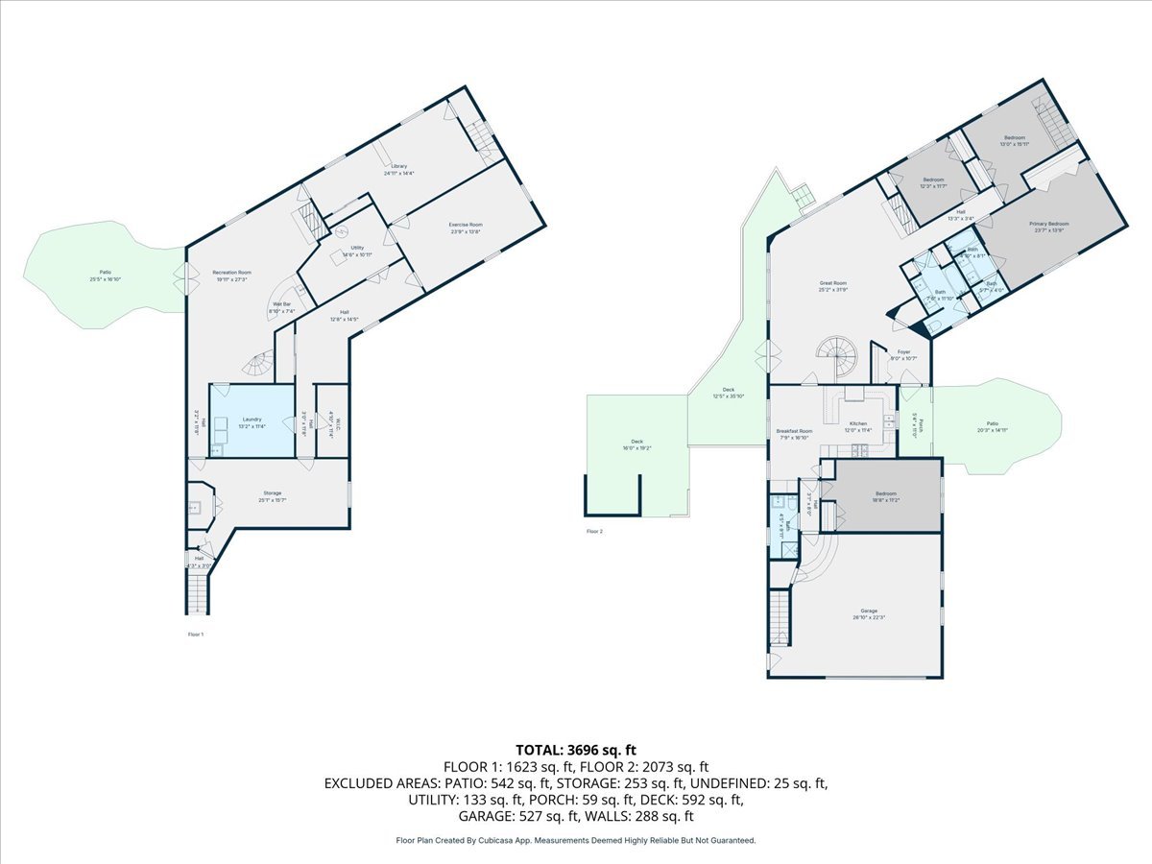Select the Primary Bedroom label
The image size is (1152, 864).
tap(1050, 227)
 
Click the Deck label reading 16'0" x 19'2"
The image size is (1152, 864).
tap(637, 445)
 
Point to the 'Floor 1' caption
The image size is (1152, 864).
tap(195, 635)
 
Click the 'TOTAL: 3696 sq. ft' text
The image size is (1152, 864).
tap(576, 749)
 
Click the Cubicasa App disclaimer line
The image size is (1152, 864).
tap(576, 840)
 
